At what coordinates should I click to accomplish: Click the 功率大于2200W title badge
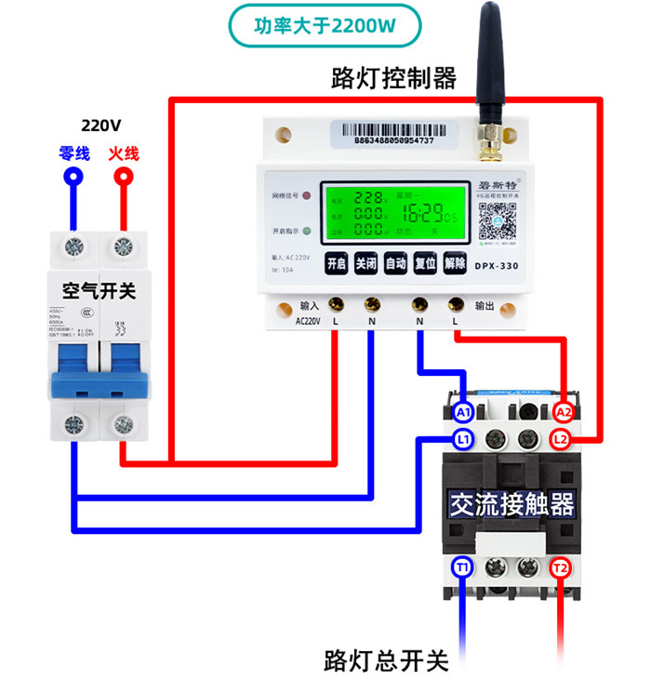(x=325, y=26)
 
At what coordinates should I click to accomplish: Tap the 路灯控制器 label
(x=393, y=78)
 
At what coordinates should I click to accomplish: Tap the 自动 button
(x=395, y=264)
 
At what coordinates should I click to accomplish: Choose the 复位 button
(x=425, y=264)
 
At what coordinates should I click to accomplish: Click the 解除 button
(x=455, y=264)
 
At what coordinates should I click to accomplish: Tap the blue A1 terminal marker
(x=463, y=411)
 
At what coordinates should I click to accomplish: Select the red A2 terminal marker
(x=563, y=411)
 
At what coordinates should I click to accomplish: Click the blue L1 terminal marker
(x=463, y=437)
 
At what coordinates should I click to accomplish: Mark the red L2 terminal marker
(x=560, y=437)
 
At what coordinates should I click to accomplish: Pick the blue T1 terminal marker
(x=463, y=567)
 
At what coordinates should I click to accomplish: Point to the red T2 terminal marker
(x=560, y=567)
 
